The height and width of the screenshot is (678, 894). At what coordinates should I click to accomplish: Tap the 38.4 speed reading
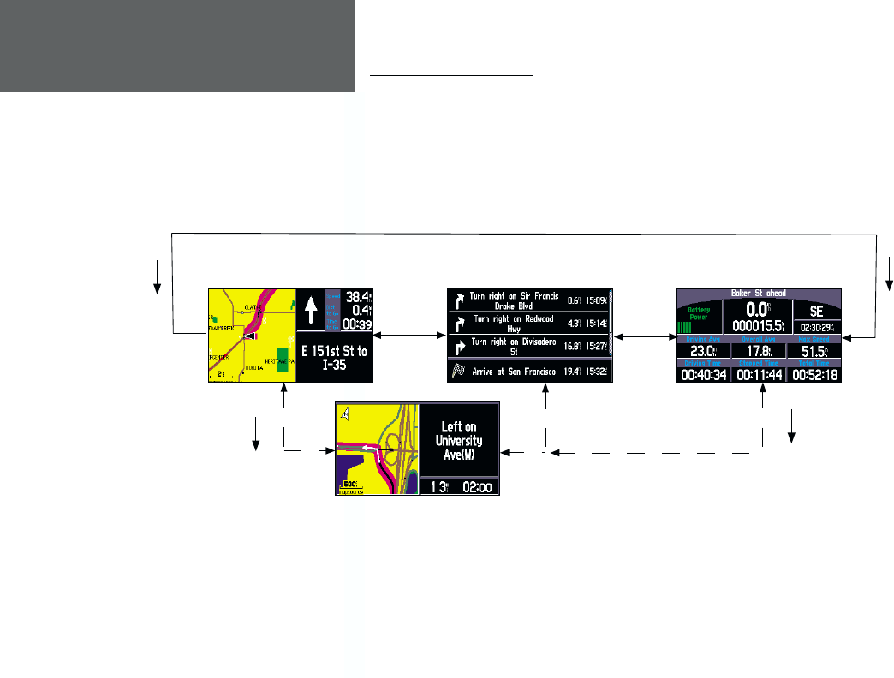[x=356, y=296]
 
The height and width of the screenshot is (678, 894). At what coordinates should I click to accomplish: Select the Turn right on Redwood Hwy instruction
[x=513, y=324]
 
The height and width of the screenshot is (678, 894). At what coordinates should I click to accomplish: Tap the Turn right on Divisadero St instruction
[x=514, y=347]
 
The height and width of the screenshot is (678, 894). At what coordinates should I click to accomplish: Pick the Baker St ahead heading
[x=759, y=292]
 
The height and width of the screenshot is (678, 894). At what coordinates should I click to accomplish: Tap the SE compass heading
[x=816, y=312]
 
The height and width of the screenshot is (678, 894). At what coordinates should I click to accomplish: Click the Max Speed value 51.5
[x=813, y=351]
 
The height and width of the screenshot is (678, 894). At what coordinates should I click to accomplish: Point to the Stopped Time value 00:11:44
[x=758, y=375]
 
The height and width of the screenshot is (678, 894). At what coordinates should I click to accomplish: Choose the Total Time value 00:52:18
[x=813, y=375]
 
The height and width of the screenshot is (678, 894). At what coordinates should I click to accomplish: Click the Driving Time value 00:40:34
[x=703, y=375]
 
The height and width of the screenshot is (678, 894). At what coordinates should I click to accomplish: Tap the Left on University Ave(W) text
[x=460, y=440]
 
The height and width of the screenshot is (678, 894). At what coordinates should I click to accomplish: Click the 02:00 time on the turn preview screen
[x=478, y=487]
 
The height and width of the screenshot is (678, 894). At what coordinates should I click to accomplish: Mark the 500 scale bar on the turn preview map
[x=349, y=485]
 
